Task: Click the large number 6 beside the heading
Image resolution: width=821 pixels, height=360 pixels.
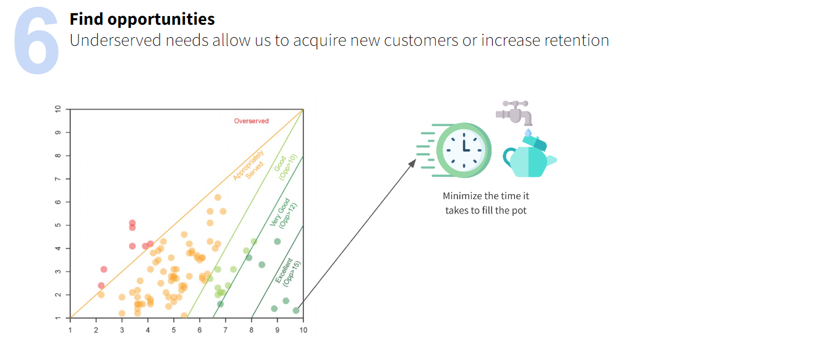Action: click(36, 40)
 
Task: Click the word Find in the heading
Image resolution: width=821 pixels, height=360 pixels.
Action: click(86, 19)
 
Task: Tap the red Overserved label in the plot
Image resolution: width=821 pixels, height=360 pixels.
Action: click(251, 121)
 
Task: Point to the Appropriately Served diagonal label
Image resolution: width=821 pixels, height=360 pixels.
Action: click(249, 165)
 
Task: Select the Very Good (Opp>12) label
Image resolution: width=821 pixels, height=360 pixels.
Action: click(283, 214)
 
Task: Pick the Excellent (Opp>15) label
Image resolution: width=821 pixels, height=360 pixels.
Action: click(287, 273)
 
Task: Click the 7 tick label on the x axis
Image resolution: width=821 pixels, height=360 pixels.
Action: click(226, 330)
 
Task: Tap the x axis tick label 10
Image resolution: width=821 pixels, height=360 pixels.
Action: click(303, 330)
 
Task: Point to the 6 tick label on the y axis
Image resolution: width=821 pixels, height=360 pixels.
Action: click(58, 202)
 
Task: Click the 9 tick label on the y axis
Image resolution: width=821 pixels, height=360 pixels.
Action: click(58, 132)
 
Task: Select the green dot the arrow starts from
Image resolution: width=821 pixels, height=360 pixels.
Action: click(296, 311)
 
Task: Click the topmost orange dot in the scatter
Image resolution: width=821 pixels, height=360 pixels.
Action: click(218, 197)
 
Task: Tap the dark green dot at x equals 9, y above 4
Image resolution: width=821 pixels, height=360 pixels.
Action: click(278, 242)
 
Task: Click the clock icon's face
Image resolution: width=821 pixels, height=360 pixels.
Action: click(464, 150)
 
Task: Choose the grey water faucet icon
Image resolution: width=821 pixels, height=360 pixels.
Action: click(514, 113)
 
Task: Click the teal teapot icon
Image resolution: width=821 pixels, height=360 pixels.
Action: click(530, 157)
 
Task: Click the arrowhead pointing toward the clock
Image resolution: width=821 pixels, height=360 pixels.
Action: click(413, 163)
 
